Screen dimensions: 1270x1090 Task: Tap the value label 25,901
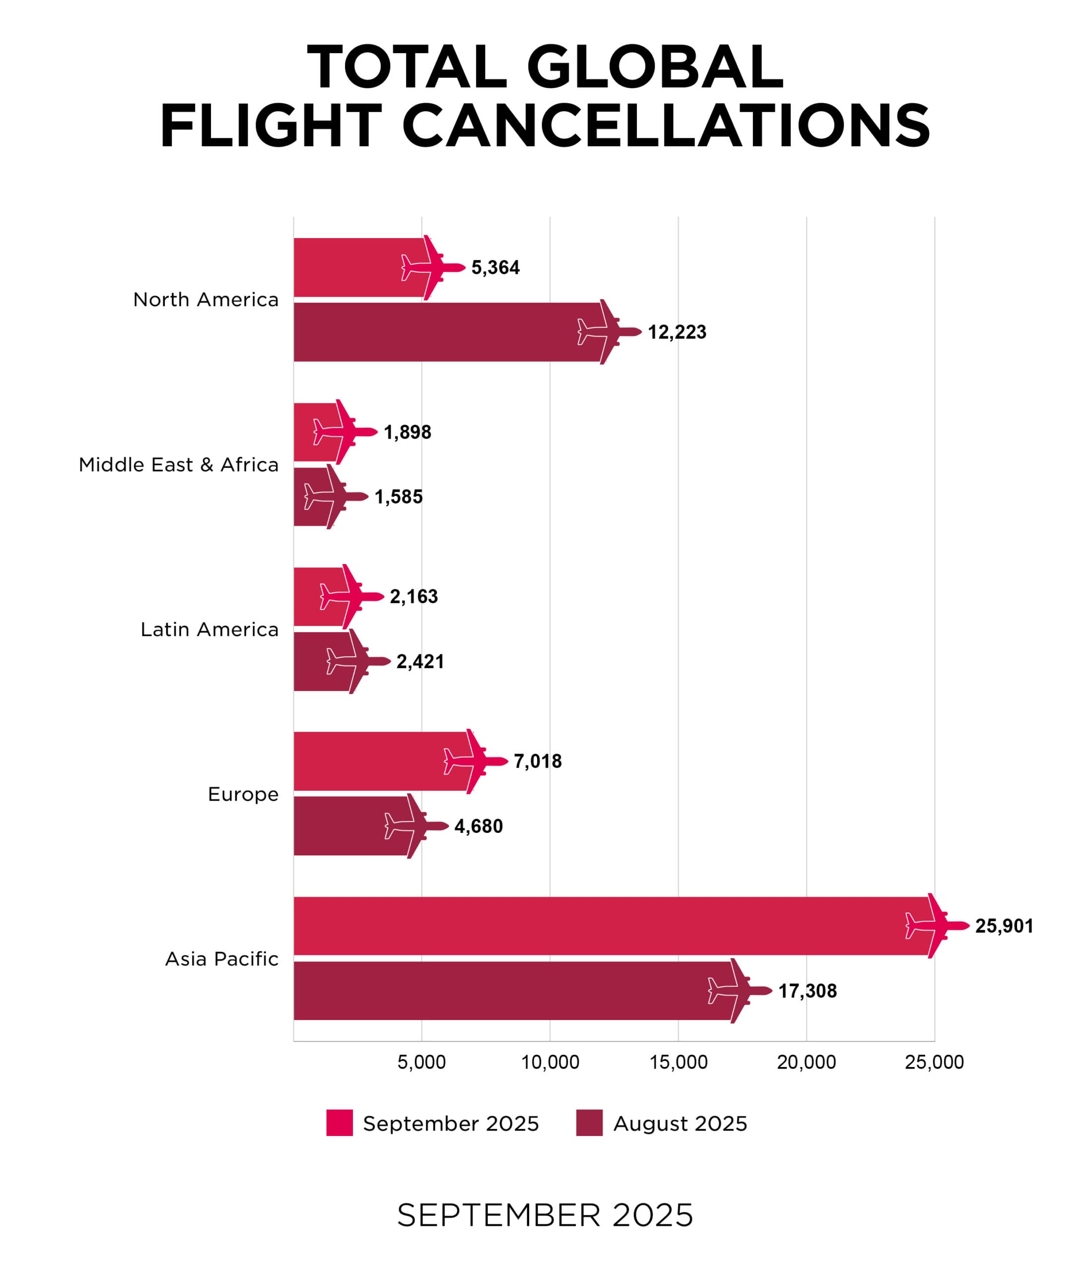(1004, 926)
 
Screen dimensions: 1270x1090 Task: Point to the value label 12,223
(677, 332)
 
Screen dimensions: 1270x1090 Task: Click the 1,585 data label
(398, 497)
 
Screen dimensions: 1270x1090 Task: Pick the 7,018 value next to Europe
(538, 762)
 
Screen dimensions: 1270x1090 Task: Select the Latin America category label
(209, 630)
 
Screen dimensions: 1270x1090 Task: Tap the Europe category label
(243, 794)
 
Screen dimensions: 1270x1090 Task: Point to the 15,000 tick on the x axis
(679, 1062)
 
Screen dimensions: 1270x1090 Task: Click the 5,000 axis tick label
(421, 1062)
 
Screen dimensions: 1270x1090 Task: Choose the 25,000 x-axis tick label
(934, 1062)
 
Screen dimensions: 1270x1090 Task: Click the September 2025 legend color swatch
(339, 1123)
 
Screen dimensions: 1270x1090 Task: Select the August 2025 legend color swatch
(589, 1123)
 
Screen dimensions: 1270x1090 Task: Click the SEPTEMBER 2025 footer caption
(545, 1215)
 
